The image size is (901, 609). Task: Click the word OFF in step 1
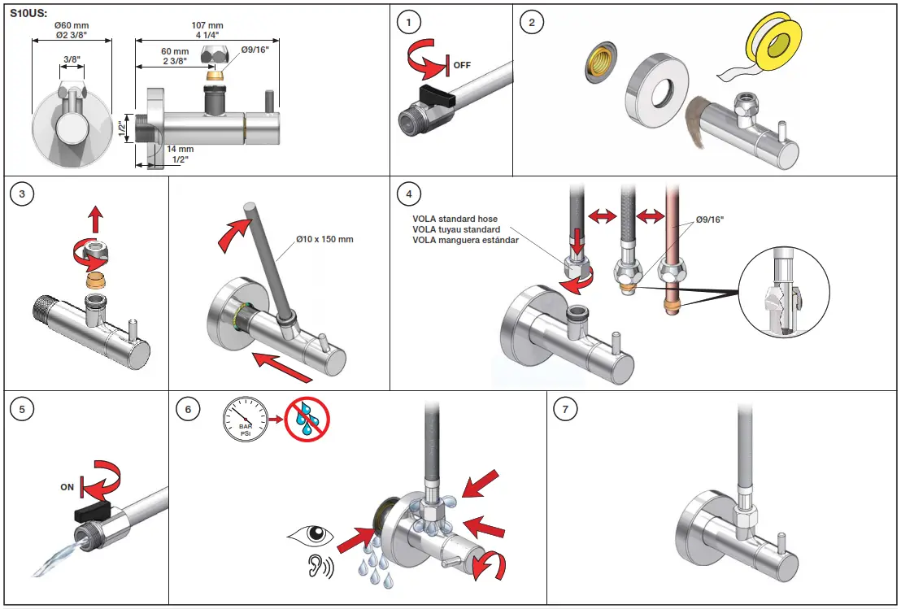(462, 65)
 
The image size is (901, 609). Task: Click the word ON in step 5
(67, 488)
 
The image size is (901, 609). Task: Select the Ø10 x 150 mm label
(324, 239)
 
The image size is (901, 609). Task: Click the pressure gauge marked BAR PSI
(245, 419)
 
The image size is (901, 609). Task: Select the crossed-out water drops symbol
(307, 419)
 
